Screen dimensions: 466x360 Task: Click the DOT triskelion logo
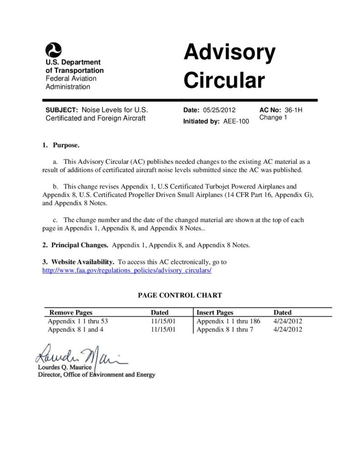(x=54, y=49)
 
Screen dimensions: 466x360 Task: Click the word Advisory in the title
(x=229, y=54)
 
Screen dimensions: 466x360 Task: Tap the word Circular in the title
(x=224, y=81)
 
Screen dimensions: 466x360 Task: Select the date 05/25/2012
(x=219, y=110)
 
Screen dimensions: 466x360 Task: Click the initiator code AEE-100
(x=236, y=122)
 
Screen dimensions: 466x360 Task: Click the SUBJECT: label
(x=62, y=110)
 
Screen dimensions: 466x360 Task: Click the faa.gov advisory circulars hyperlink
(x=127, y=270)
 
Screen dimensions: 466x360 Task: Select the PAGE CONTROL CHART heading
(x=180, y=295)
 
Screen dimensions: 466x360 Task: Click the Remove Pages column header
(x=71, y=313)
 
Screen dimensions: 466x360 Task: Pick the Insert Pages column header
(x=215, y=313)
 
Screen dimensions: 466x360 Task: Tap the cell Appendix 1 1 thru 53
(x=78, y=321)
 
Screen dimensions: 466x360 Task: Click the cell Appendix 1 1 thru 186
(x=228, y=321)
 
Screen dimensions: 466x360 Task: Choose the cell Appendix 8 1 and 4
(x=76, y=329)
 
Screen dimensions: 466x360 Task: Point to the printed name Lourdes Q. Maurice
(x=65, y=367)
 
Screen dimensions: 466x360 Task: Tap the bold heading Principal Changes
(x=79, y=245)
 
